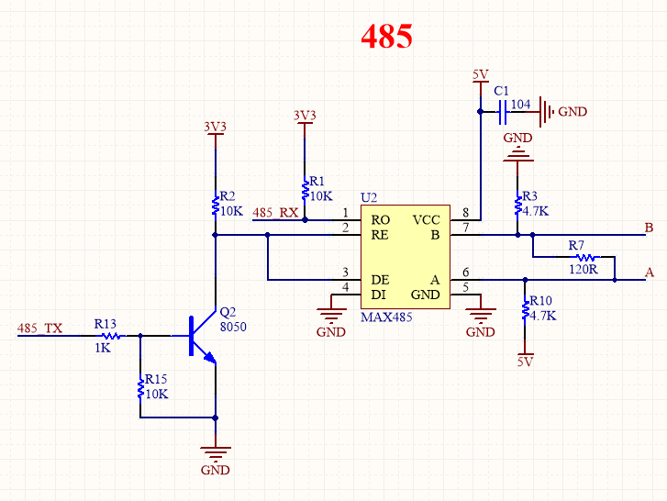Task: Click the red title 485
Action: coord(386,36)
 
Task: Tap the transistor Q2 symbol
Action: coord(200,337)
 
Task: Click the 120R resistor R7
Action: coord(584,258)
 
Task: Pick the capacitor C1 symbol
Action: coord(503,113)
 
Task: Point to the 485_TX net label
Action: coord(40,328)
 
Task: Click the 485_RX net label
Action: coord(275,213)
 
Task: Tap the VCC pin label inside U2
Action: coord(427,220)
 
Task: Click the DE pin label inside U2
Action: coord(380,279)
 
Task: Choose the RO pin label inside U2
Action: coord(380,220)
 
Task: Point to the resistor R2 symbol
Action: coord(215,204)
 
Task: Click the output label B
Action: coord(649,228)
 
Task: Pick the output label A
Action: coord(650,273)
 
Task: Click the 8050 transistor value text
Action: coord(234,326)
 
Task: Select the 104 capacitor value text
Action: coord(520,105)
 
